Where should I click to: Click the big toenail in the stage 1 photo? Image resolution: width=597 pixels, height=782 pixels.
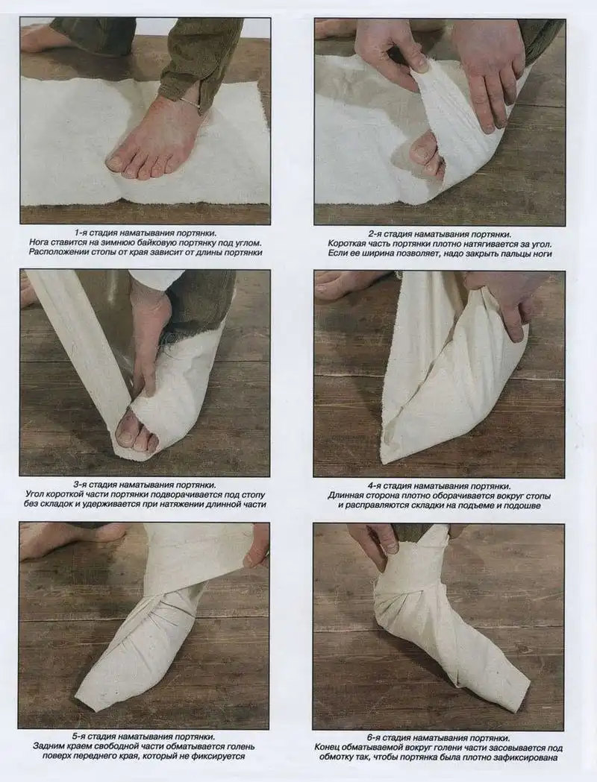tap(116, 162)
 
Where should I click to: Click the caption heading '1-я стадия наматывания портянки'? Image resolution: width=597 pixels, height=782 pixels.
tap(146, 233)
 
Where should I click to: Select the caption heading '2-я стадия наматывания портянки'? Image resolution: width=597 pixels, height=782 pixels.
tap(440, 234)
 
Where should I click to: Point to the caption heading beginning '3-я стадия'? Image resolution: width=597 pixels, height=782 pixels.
tap(145, 485)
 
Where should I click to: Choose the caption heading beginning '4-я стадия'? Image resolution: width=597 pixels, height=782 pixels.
tap(440, 486)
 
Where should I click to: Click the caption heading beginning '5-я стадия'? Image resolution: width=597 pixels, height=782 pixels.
tap(144, 737)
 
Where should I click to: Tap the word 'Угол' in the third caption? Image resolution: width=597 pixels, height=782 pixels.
tap(35, 495)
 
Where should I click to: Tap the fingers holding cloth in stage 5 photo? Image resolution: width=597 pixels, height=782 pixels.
tap(256, 549)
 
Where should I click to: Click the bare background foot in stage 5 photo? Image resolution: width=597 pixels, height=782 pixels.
tap(70, 539)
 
